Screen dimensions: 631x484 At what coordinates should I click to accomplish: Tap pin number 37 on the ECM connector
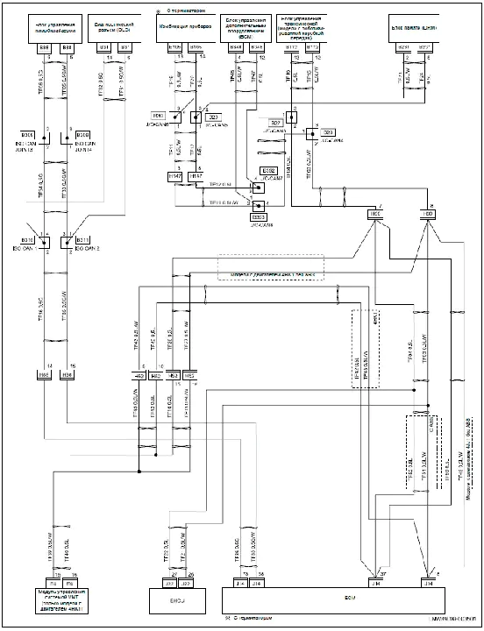383,571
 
